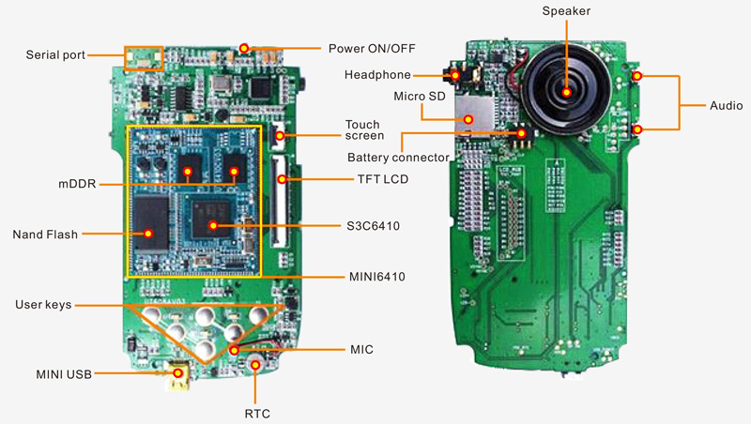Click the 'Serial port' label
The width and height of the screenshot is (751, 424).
click(55, 55)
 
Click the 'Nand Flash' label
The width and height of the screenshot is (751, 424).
click(48, 234)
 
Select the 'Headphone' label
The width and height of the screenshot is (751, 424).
click(377, 74)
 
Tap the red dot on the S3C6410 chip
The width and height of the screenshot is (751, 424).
click(214, 225)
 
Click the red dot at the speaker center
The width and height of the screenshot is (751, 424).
click(567, 91)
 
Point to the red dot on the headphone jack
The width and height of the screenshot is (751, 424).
click(455, 74)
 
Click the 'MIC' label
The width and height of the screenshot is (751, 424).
click(360, 349)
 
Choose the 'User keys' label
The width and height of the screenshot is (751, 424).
click(44, 306)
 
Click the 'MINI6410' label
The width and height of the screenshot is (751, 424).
click(373, 277)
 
